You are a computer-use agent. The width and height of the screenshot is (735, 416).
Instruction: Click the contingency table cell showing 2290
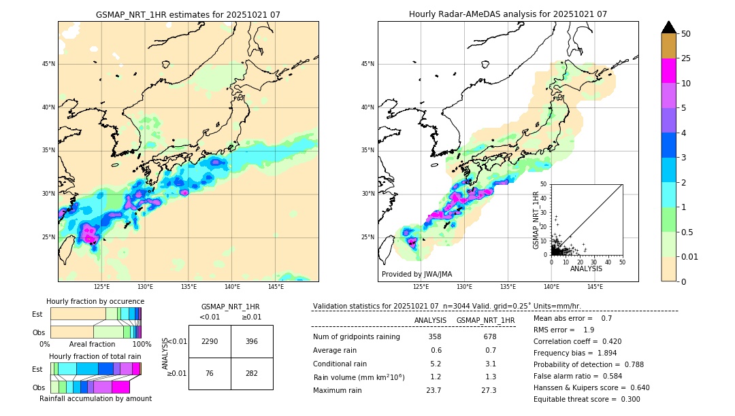pyautogui.click(x=210, y=341)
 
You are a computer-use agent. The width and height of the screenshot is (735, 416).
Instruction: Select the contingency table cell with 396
pyautogui.click(x=252, y=341)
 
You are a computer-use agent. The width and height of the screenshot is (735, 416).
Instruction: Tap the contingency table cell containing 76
pyautogui.click(x=210, y=372)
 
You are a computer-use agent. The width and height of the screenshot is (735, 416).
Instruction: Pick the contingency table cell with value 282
pyautogui.click(x=252, y=372)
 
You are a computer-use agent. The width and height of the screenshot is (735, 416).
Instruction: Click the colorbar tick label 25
pyautogui.click(x=686, y=58)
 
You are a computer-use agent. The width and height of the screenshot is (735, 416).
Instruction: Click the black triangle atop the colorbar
pyautogui.click(x=668, y=27)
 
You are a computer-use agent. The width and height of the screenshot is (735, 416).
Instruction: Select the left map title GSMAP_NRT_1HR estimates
pyautogui.click(x=188, y=14)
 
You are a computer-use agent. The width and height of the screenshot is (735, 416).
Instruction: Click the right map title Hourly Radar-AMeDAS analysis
pyautogui.click(x=508, y=14)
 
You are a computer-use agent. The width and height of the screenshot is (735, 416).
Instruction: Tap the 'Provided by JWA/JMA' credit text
pyautogui.click(x=416, y=274)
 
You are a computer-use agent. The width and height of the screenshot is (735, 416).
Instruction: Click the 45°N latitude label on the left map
pyautogui.click(x=48, y=64)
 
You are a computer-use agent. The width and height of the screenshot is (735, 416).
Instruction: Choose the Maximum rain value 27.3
pyautogui.click(x=489, y=390)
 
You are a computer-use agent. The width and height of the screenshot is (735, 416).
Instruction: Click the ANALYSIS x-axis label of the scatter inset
pyautogui.click(x=586, y=268)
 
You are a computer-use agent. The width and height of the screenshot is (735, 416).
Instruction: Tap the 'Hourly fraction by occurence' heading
pyautogui.click(x=95, y=301)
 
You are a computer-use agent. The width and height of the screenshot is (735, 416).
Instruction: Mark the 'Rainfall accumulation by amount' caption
pyautogui.click(x=95, y=398)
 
